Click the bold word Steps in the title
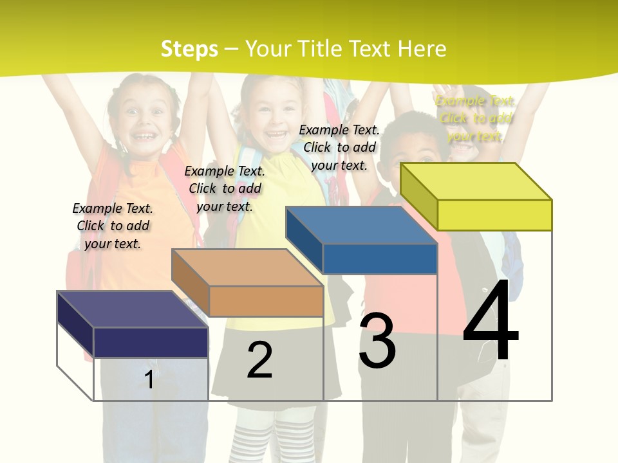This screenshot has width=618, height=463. (189, 49)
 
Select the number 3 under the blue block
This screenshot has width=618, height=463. (377, 341)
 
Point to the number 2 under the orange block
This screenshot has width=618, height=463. (259, 360)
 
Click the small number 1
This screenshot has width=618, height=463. (149, 379)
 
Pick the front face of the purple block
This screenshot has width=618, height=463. (151, 342)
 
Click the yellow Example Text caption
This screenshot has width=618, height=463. (475, 118)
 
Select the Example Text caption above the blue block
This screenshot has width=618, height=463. (339, 147)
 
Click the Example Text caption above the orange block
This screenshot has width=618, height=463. (225, 188)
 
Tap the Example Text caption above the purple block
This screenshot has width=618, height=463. (113, 226)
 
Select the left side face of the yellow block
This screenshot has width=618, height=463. (418, 195)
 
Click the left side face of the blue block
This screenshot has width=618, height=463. (304, 239)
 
